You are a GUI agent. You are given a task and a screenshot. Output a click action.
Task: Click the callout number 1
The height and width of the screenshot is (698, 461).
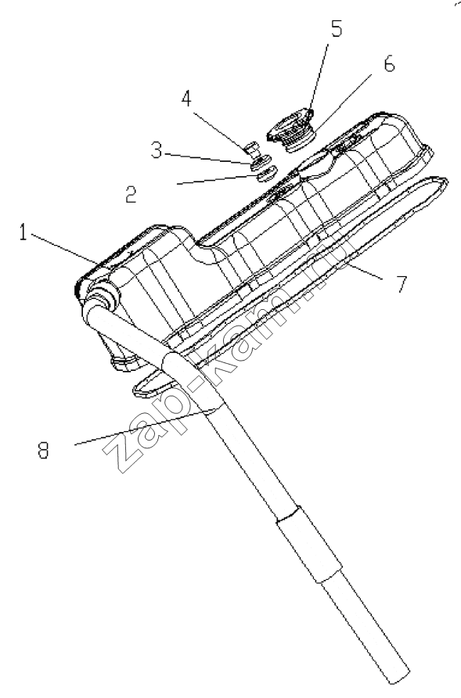23,232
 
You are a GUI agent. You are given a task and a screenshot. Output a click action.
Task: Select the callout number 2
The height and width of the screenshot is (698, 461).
131,195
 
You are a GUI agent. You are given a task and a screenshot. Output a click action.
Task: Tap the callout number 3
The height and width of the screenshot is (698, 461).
157,150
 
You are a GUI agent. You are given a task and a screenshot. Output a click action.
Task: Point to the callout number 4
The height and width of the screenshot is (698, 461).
186,99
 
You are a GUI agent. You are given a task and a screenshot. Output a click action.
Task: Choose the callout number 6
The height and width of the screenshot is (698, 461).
389,64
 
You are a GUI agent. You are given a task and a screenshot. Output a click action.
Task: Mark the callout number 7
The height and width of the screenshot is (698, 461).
402,284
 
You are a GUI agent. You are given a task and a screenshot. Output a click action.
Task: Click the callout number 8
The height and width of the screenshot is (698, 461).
43,451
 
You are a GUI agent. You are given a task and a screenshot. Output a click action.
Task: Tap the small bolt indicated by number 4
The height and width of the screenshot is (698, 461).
253,148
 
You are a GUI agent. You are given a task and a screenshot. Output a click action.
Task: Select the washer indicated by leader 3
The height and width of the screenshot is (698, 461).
261,162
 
